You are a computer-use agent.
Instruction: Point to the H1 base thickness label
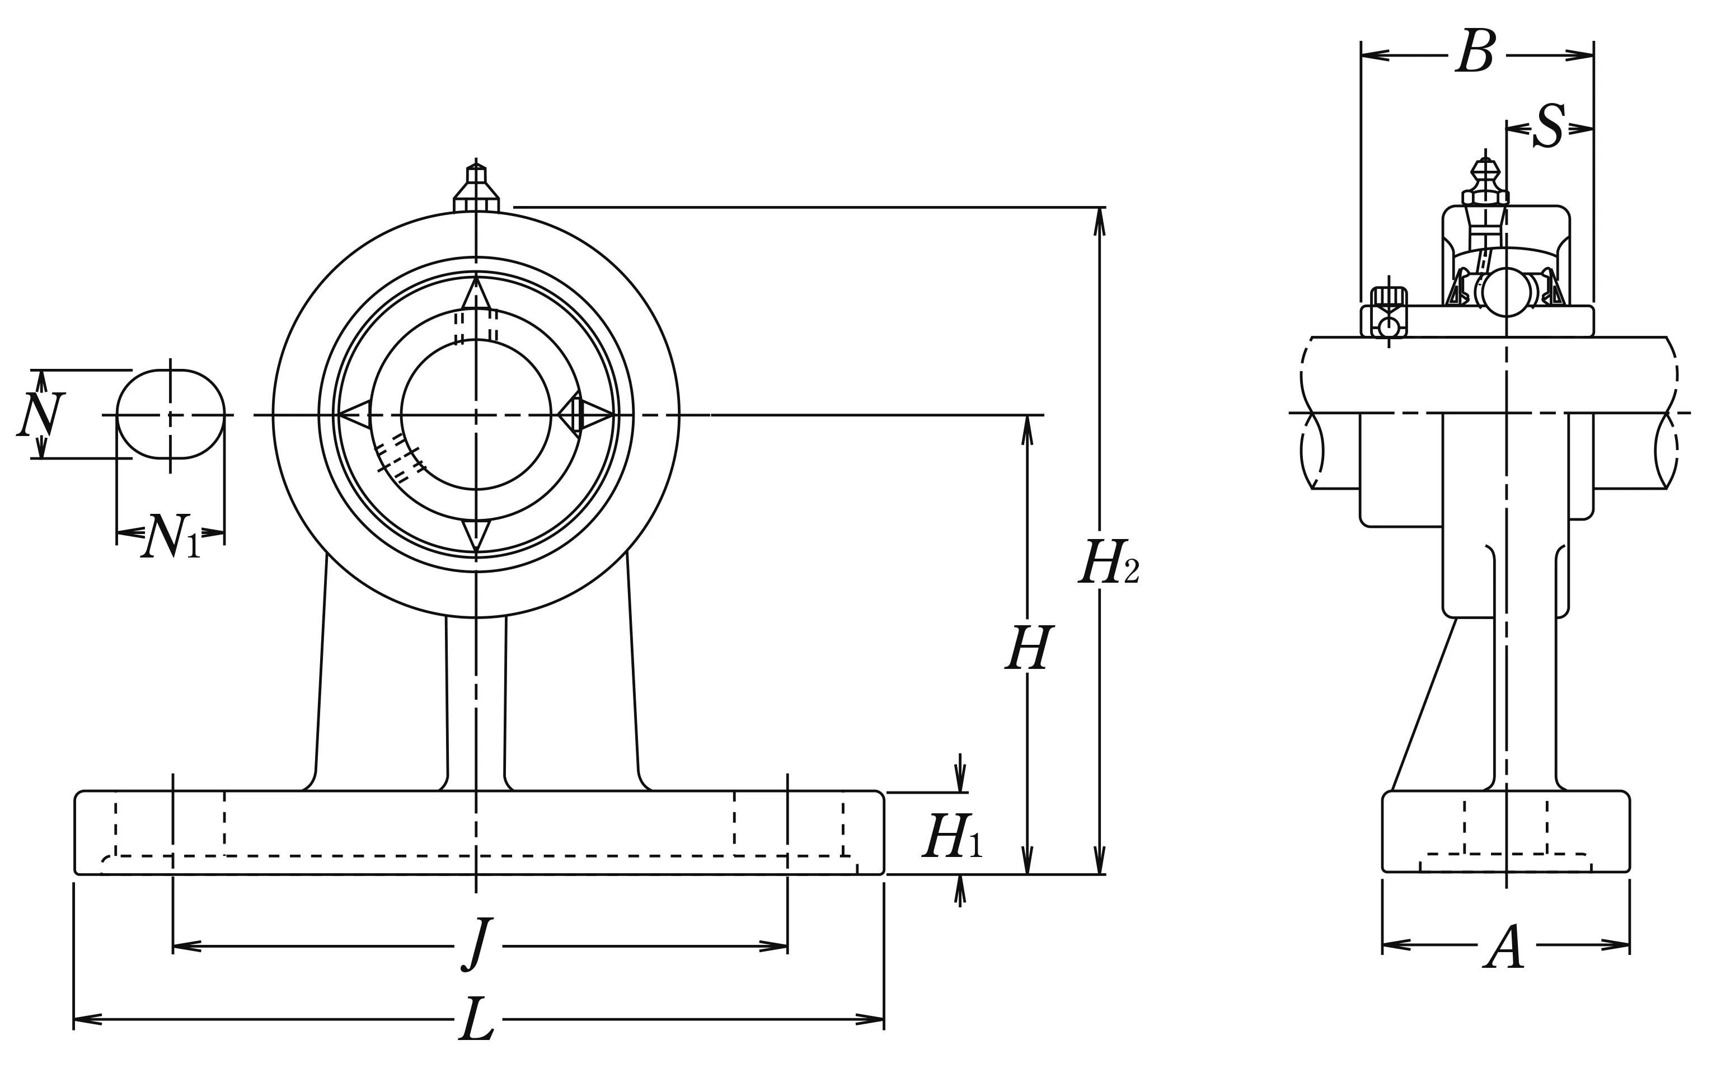point(951,836)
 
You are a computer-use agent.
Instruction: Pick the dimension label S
point(1548,127)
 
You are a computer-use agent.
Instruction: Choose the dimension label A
point(1505,947)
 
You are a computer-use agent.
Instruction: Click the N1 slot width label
point(170,537)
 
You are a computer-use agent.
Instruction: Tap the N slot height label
point(40,415)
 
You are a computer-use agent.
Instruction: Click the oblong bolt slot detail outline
point(170,414)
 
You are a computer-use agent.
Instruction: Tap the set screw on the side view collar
point(1389,313)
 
